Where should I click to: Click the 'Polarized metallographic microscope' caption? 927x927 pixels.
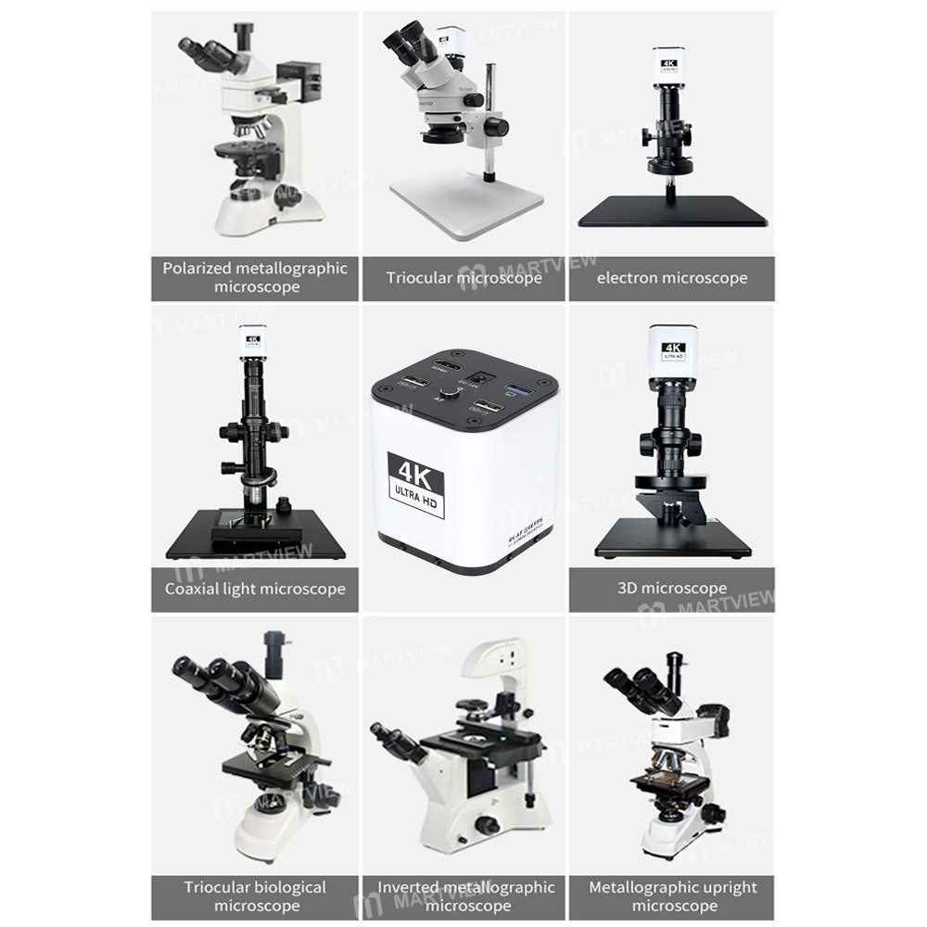point(255,277)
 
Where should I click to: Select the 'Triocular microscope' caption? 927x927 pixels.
point(463,278)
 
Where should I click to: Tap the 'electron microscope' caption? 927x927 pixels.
point(671,278)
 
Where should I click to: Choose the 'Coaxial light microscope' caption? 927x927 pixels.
point(255,589)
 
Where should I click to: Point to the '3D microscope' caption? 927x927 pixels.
point(671,589)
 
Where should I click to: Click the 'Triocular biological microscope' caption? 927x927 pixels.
point(255,896)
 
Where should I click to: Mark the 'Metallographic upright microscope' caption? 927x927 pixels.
point(673,896)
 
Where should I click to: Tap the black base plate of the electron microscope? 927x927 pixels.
point(673,212)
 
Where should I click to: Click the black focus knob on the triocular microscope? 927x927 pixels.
point(497,125)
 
